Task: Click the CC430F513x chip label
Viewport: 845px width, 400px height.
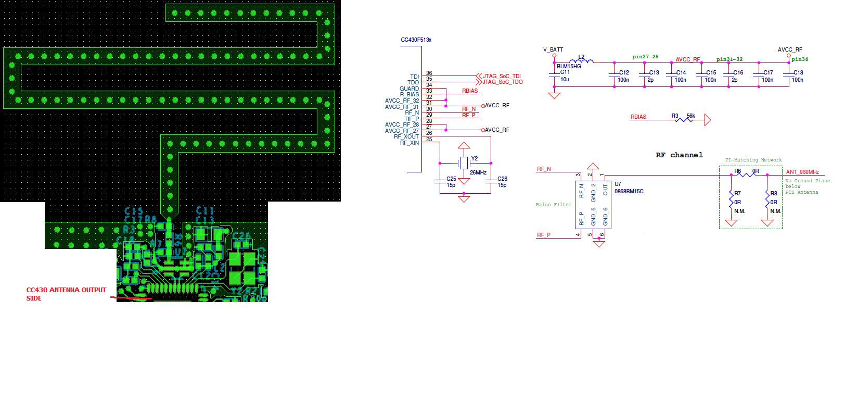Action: coord(416,40)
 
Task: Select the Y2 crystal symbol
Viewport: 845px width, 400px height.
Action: coord(464,163)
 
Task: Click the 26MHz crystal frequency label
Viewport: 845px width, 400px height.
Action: coord(478,172)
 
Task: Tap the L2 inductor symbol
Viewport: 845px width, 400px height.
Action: coord(582,63)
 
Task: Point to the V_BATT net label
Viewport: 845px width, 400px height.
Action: coord(553,49)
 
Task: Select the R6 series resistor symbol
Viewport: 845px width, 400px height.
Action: coord(748,175)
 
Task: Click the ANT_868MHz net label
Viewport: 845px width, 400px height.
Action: coord(802,172)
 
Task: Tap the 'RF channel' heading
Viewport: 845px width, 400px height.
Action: coord(679,155)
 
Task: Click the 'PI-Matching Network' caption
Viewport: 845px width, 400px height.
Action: coord(753,160)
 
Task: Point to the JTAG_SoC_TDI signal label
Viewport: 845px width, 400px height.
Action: coord(502,76)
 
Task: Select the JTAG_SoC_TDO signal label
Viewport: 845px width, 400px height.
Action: coord(503,82)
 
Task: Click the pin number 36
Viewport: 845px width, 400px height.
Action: coord(429,73)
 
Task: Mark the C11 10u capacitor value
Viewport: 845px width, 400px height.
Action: coord(565,80)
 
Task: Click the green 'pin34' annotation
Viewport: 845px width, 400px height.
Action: coord(800,59)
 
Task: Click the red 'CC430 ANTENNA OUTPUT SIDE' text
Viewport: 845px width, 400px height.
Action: coord(66,294)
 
